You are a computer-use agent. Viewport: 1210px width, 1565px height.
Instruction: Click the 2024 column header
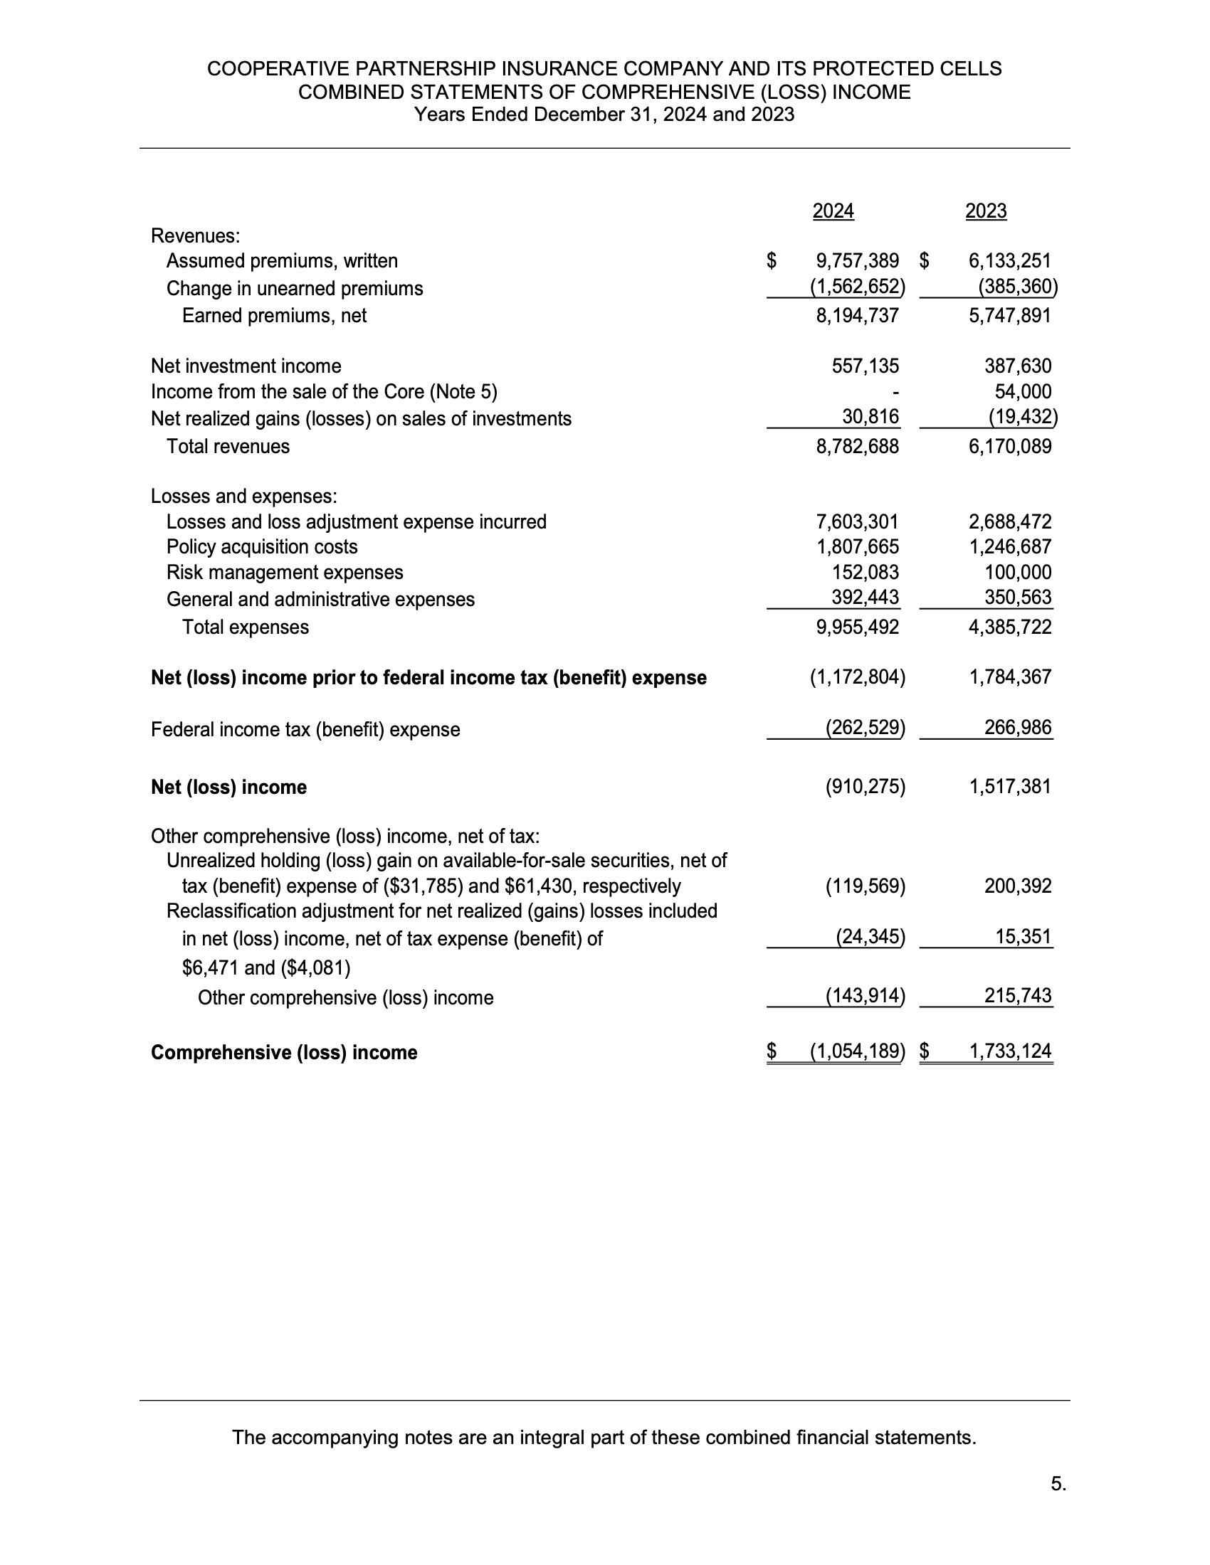point(833,211)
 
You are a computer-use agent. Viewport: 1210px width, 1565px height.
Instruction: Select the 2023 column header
point(986,211)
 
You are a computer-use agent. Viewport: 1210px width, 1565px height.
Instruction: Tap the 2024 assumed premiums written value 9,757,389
point(858,261)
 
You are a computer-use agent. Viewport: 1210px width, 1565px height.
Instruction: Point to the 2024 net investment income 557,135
point(866,366)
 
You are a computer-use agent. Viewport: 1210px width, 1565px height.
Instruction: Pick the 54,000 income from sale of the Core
point(1023,392)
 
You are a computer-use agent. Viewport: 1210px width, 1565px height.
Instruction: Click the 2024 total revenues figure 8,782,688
point(858,447)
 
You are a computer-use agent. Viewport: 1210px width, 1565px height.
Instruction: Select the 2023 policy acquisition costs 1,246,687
point(1010,547)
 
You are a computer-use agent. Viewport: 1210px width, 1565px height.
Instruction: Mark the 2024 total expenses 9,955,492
point(858,627)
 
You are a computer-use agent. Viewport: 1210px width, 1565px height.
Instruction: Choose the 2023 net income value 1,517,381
point(1010,787)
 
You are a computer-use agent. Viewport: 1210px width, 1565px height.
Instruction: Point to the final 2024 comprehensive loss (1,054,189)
point(858,1051)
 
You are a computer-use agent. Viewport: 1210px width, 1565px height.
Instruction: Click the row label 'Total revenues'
point(228,447)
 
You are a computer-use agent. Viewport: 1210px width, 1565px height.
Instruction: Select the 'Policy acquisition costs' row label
point(262,547)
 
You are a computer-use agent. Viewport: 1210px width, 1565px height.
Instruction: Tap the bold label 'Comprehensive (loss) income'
point(284,1053)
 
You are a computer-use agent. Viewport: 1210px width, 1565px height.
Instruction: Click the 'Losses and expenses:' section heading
point(243,496)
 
